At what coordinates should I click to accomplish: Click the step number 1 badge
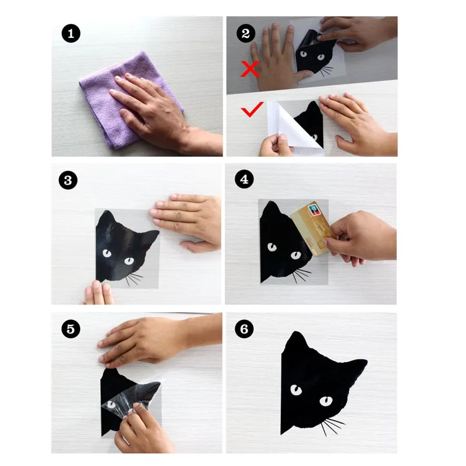pyautogui.click(x=70, y=34)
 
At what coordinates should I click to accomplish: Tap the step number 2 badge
pyautogui.click(x=246, y=33)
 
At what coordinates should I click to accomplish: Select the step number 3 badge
pyautogui.click(x=68, y=180)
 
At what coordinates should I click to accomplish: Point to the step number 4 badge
pyautogui.click(x=244, y=179)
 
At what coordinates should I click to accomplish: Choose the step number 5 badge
pyautogui.click(x=70, y=329)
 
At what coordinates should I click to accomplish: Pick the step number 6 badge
pyautogui.click(x=244, y=329)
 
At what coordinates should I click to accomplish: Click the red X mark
pyautogui.click(x=250, y=69)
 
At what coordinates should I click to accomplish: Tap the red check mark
pyautogui.click(x=252, y=109)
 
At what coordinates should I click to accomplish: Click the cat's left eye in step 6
pyautogui.click(x=296, y=390)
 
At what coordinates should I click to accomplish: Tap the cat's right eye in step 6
pyautogui.click(x=326, y=401)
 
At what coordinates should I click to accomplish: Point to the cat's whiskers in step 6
pyautogui.click(x=333, y=426)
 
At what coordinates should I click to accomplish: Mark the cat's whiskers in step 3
pyautogui.click(x=134, y=280)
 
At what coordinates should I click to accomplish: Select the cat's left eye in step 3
pyautogui.click(x=107, y=253)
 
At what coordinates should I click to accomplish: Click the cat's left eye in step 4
pyautogui.click(x=272, y=247)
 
